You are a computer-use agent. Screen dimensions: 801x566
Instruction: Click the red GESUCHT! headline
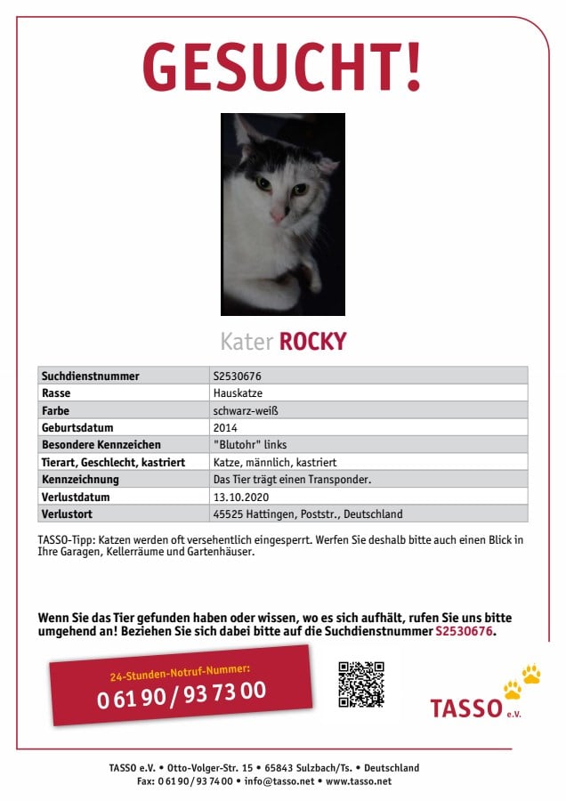pos(282,68)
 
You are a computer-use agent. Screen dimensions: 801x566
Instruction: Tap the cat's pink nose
pos(278,216)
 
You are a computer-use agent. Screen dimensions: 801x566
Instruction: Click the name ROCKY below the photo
pos(312,342)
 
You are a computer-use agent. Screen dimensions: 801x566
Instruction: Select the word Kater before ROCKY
pos(247,342)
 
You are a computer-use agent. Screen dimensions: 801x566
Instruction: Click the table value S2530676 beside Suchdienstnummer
pos(237,376)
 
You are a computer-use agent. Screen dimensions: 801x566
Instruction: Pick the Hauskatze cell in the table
pos(238,393)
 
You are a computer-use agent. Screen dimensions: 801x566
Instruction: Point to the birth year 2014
pos(225,428)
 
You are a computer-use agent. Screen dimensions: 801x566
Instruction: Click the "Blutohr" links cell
pos(250,445)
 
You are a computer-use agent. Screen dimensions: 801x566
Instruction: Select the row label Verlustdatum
pos(76,497)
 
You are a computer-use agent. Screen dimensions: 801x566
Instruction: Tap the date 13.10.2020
pos(240,497)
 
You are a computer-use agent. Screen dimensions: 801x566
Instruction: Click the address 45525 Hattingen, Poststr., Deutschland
pos(308,514)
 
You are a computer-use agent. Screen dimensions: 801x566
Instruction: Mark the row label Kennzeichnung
pos(80,480)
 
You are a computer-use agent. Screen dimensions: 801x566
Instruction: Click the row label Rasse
pos(56,393)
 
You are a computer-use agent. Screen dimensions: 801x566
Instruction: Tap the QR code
pos(361,684)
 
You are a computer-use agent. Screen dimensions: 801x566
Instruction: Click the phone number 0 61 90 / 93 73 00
pos(182,692)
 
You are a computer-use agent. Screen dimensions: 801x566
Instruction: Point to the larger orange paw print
pos(531,674)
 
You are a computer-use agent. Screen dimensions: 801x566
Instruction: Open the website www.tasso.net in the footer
pos(359,781)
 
